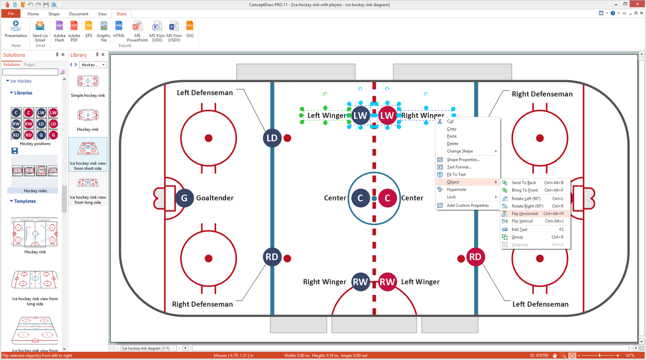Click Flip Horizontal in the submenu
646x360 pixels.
525,214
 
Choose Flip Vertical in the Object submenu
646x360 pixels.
522,221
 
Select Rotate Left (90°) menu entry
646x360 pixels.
526,199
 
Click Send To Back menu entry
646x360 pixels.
524,183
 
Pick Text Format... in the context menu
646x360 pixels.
459,167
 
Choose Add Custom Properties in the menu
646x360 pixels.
468,205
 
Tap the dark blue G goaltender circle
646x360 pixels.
184,198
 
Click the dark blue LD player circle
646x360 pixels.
272,138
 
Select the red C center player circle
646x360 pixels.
387,198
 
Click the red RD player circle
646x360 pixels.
475,257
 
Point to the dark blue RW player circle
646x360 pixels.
360,282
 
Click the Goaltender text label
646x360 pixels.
215,198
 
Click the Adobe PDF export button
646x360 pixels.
74,31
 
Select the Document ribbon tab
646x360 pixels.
79,14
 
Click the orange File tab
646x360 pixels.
11,14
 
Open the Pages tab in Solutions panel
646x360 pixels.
29,65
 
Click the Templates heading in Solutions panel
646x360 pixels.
25,201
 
